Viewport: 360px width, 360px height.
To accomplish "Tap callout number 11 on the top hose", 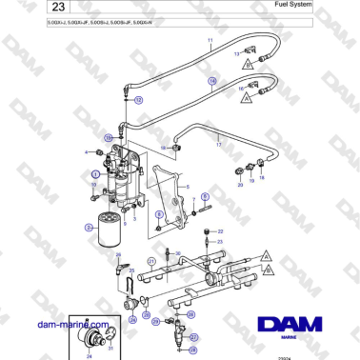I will tap(210, 41).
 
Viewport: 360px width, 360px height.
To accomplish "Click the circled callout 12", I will tap(138, 99).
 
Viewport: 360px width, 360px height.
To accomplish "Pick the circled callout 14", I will tap(212, 83).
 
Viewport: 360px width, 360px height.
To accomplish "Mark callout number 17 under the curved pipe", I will tap(218, 145).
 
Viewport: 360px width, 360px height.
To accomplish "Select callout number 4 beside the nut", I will tap(87, 152).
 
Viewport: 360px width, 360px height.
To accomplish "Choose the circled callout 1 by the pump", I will tap(95, 176).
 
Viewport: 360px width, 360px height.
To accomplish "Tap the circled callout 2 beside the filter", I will tap(89, 228).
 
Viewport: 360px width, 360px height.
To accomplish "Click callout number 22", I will tap(220, 230).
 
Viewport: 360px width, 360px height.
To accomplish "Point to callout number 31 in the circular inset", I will tap(110, 350).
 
